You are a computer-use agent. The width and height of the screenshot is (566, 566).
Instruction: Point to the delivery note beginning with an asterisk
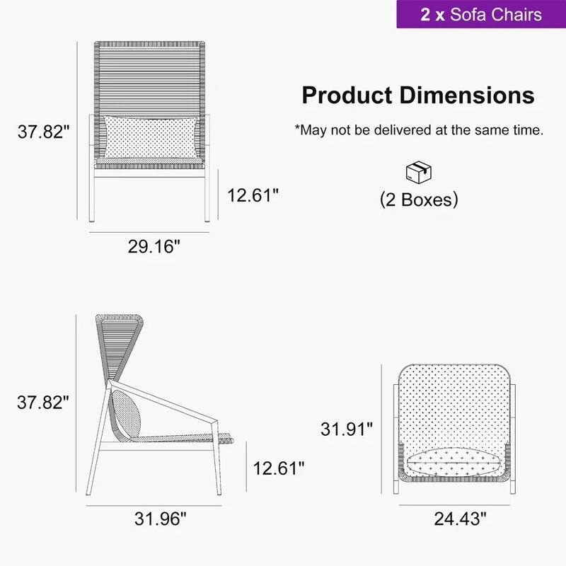419,130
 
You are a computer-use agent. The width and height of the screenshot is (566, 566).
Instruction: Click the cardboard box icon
418,172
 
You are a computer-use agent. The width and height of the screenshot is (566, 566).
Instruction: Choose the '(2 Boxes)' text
419,200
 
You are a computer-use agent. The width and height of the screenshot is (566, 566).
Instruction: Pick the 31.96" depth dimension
161,519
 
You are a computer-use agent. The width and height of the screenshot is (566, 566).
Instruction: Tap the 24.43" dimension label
461,519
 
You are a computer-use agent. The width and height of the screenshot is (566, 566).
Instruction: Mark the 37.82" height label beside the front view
44,132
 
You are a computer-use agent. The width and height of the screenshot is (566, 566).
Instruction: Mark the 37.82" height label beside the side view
44,403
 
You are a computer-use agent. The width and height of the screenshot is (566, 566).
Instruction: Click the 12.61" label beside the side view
278,467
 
